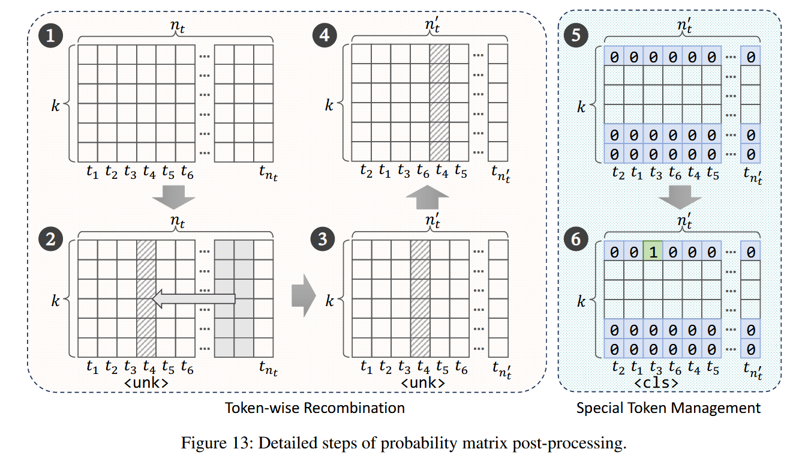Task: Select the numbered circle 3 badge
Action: (323, 240)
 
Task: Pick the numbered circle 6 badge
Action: (576, 240)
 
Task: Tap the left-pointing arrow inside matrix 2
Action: (194, 299)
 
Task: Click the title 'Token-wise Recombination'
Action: (314, 408)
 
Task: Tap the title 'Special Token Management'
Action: (668, 408)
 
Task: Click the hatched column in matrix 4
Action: (440, 103)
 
